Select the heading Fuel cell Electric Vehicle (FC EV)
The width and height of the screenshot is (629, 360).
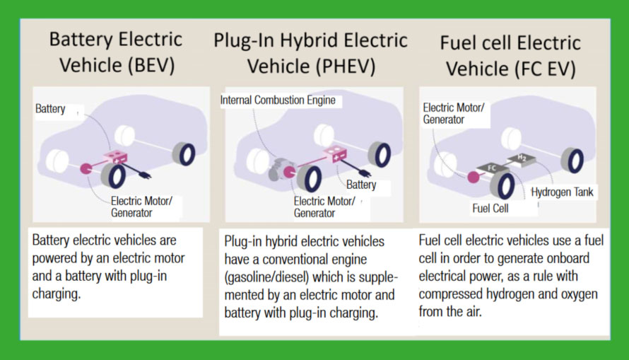(510, 54)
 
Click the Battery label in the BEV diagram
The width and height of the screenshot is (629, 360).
(50, 109)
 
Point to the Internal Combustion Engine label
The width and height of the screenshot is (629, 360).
(278, 101)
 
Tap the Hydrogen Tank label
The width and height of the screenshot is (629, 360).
(563, 192)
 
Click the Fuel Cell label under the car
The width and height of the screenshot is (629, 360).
(490, 209)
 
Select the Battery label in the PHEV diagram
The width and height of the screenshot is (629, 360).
(361, 185)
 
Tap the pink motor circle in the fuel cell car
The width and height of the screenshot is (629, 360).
(472, 177)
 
